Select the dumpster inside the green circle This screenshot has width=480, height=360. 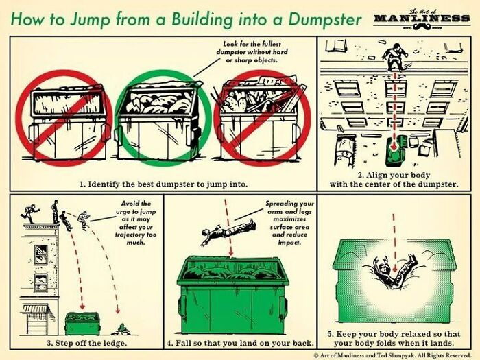click(x=160, y=124)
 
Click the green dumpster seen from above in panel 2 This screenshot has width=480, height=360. click(x=394, y=152)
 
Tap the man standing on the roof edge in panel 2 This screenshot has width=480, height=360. click(x=392, y=56)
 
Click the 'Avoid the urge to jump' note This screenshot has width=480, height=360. click(x=139, y=223)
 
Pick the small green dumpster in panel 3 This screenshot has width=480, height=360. click(x=82, y=323)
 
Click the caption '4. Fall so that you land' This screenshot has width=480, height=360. click(x=240, y=341)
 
